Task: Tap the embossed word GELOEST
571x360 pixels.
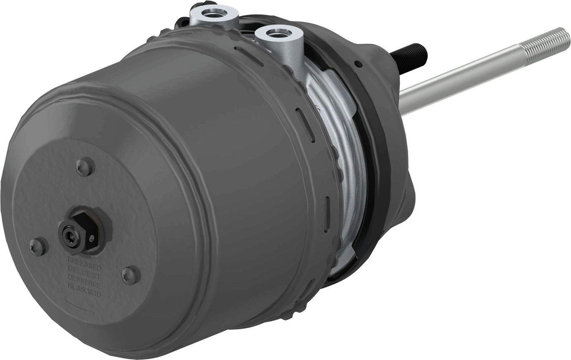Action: point(84,269)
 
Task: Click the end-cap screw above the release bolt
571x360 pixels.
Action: point(85,166)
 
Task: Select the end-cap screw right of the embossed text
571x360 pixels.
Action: point(131,275)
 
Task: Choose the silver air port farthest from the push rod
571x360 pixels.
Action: point(214,12)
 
